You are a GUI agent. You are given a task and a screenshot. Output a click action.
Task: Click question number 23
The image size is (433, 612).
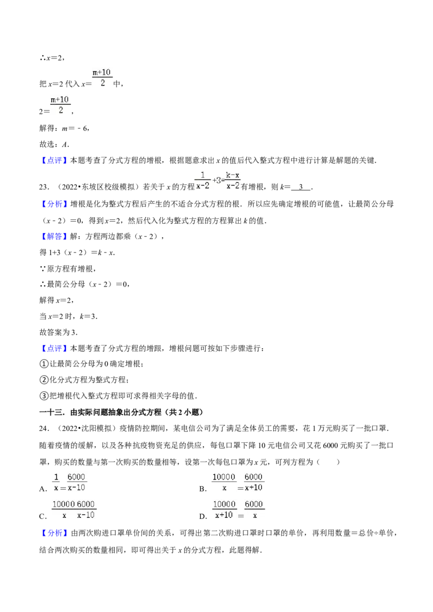pyautogui.click(x=44, y=188)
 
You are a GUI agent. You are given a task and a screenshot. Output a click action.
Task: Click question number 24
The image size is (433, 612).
pyautogui.click(x=44, y=429)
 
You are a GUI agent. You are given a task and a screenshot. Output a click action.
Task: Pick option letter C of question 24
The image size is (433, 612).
pyautogui.click(x=43, y=516)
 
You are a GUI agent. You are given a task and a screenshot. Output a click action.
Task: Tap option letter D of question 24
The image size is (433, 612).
pyautogui.click(x=202, y=516)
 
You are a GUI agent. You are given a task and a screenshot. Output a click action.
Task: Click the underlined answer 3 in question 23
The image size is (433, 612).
pyautogui.click(x=300, y=187)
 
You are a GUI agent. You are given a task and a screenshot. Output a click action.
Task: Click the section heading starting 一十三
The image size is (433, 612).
pyautogui.click(x=121, y=412)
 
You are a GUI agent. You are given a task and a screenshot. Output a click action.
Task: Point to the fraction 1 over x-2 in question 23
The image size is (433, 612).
pyautogui.click(x=202, y=181)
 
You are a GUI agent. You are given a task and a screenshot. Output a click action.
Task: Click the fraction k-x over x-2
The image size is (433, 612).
pyautogui.click(x=233, y=181)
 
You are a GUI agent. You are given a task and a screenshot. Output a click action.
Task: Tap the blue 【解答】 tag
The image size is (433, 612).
pyautogui.click(x=54, y=236)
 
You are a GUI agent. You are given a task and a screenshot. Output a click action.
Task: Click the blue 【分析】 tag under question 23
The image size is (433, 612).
pyautogui.click(x=54, y=204)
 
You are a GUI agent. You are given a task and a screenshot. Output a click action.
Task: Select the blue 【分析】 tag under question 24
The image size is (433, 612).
pyautogui.click(x=54, y=533)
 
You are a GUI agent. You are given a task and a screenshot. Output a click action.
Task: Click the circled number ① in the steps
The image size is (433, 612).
pyautogui.click(x=44, y=364)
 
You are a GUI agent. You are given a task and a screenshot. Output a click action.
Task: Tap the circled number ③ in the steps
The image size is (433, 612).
pyautogui.click(x=44, y=396)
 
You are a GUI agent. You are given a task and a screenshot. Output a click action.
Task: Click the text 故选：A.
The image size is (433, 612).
pyautogui.click(x=54, y=144)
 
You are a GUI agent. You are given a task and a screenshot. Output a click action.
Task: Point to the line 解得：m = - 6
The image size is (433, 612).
pyautogui.click(x=64, y=129)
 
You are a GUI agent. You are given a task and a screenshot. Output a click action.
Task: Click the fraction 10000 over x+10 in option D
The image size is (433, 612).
pyautogui.click(x=224, y=510)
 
